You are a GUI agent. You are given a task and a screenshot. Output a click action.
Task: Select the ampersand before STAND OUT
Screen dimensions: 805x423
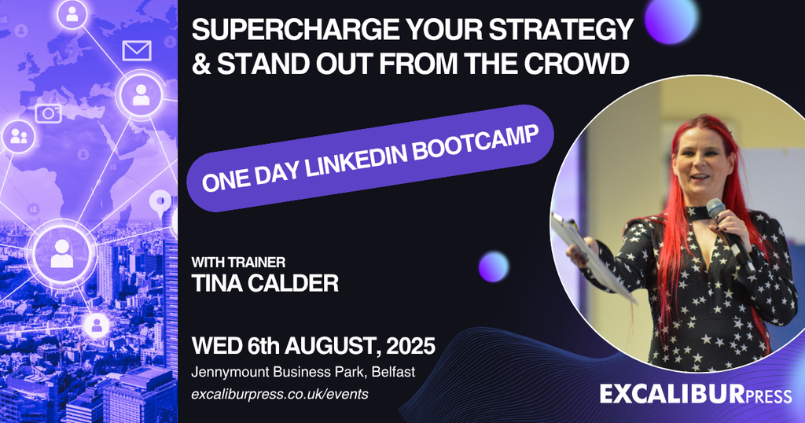pos(200,64)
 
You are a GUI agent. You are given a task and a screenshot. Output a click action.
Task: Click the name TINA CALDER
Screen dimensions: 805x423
pos(265,283)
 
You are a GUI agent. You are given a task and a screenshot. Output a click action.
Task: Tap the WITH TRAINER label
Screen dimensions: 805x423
pos(238,263)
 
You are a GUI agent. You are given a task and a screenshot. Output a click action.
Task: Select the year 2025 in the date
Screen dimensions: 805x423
pos(410,345)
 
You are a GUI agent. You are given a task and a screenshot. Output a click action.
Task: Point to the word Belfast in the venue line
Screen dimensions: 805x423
pos(394,372)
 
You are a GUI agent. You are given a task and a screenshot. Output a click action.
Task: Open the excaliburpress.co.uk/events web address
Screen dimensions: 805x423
pos(280,394)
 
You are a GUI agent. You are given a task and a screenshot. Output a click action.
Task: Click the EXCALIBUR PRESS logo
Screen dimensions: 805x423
pos(696,394)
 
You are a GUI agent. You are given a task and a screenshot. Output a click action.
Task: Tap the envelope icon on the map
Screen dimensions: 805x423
pos(137,50)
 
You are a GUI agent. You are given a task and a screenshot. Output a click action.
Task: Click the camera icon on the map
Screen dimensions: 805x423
pos(48,113)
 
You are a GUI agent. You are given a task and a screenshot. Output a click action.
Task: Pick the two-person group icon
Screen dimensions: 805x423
pos(19,137)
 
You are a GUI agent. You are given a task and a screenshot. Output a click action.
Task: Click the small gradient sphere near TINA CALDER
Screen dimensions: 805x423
pos(494,267)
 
